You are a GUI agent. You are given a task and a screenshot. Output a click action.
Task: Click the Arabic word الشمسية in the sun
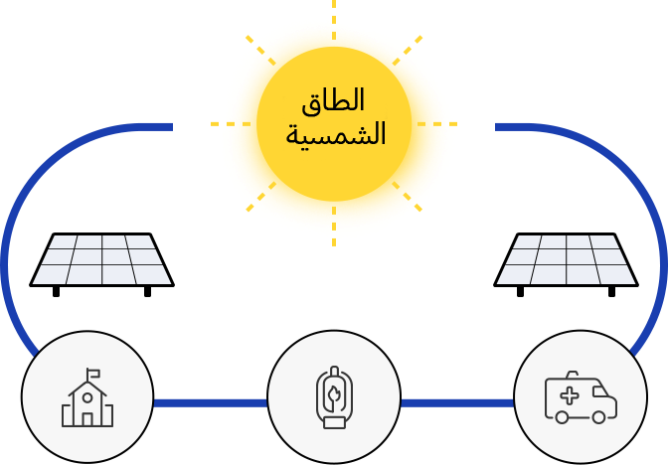[x=336, y=134]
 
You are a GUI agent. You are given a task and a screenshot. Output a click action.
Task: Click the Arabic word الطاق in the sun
[x=333, y=101]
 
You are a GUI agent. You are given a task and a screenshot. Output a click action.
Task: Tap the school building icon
[x=87, y=397]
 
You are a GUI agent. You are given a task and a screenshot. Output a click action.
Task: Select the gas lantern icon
[x=334, y=396]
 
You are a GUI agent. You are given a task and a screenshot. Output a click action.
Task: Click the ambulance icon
[x=581, y=397]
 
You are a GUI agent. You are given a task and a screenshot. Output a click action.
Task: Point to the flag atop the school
[x=92, y=374]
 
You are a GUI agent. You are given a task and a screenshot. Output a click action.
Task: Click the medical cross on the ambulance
[x=570, y=395]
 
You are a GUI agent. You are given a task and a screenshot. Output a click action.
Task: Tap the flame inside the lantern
[x=334, y=395]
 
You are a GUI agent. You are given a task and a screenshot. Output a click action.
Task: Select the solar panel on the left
[x=101, y=264]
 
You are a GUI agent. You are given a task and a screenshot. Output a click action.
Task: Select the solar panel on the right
[x=566, y=264]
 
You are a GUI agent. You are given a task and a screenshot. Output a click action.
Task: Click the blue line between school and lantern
[x=211, y=403]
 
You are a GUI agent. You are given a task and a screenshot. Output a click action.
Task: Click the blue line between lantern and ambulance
[x=457, y=403]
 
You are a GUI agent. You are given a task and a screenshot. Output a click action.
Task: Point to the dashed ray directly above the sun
[x=334, y=20]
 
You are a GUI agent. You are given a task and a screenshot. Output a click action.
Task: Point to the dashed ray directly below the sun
[x=334, y=227]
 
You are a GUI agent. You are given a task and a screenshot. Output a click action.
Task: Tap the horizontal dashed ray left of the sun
[x=231, y=124]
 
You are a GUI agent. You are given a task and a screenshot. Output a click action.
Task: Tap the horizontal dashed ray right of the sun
[x=437, y=124]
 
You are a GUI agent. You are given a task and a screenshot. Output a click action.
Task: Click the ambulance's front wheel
[x=598, y=417]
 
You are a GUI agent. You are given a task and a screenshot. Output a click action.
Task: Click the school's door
[x=87, y=419]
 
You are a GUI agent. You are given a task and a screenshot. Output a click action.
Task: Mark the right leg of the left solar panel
[x=147, y=292]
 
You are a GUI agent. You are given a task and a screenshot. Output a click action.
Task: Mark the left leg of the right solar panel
[x=520, y=292]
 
